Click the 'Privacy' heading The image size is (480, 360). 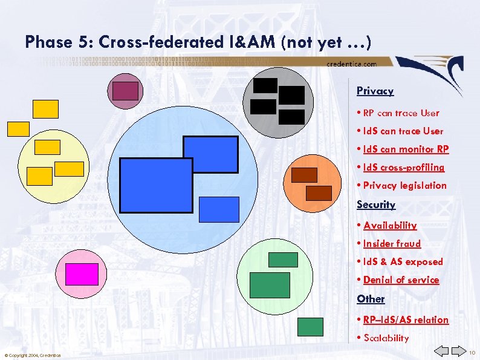pyautogui.click(x=375, y=91)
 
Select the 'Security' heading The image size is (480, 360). pyautogui.click(x=376, y=205)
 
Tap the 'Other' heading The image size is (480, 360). pyautogui.click(x=371, y=299)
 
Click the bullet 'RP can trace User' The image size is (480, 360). pyautogui.click(x=401, y=113)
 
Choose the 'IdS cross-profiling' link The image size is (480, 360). pyautogui.click(x=404, y=168)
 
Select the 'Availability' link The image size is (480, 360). pyautogui.click(x=390, y=226)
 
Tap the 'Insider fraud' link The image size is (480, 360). pyautogui.click(x=392, y=244)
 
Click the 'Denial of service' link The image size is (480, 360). pyautogui.click(x=401, y=280)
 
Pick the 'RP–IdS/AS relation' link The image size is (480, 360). pyautogui.click(x=406, y=320)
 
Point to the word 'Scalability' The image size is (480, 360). pyautogui.click(x=386, y=338)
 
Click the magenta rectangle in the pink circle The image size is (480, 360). pyautogui.click(x=82, y=274)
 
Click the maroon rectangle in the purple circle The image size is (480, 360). pyautogui.click(x=125, y=90)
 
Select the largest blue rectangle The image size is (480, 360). pyautogui.click(x=157, y=185)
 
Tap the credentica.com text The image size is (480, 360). pyautogui.click(x=351, y=64)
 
